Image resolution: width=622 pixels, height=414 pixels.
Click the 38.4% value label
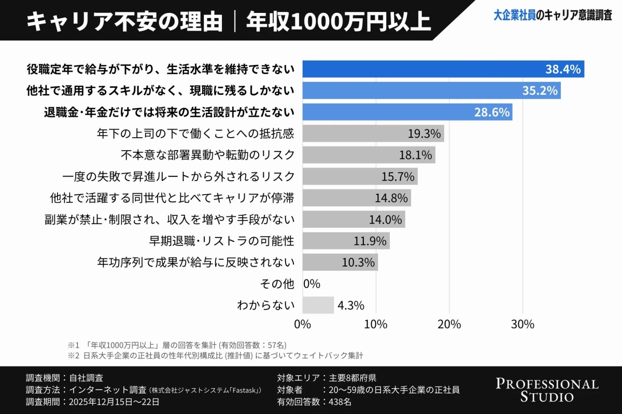click(x=562, y=69)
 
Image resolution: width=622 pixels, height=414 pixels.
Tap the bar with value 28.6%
click(x=407, y=112)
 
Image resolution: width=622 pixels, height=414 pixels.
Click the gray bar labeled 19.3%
click(x=373, y=134)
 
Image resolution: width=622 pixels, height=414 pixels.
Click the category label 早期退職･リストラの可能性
click(x=221, y=241)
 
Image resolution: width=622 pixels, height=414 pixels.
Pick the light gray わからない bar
click(x=318, y=305)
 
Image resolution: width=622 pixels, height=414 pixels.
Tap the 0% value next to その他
click(x=312, y=284)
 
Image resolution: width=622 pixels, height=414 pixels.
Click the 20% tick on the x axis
click(x=449, y=324)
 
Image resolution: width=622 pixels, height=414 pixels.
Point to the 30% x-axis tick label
click(x=522, y=324)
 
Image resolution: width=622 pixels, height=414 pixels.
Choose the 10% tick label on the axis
click(x=376, y=324)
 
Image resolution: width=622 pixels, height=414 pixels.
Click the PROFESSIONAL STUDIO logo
click(x=547, y=390)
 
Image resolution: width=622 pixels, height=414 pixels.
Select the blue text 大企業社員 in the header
click(x=514, y=16)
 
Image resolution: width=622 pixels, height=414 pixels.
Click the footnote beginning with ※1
click(x=177, y=345)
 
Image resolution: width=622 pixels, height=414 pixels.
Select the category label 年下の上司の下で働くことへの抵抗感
click(x=195, y=134)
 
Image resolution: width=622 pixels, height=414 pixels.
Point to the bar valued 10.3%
click(x=340, y=262)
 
